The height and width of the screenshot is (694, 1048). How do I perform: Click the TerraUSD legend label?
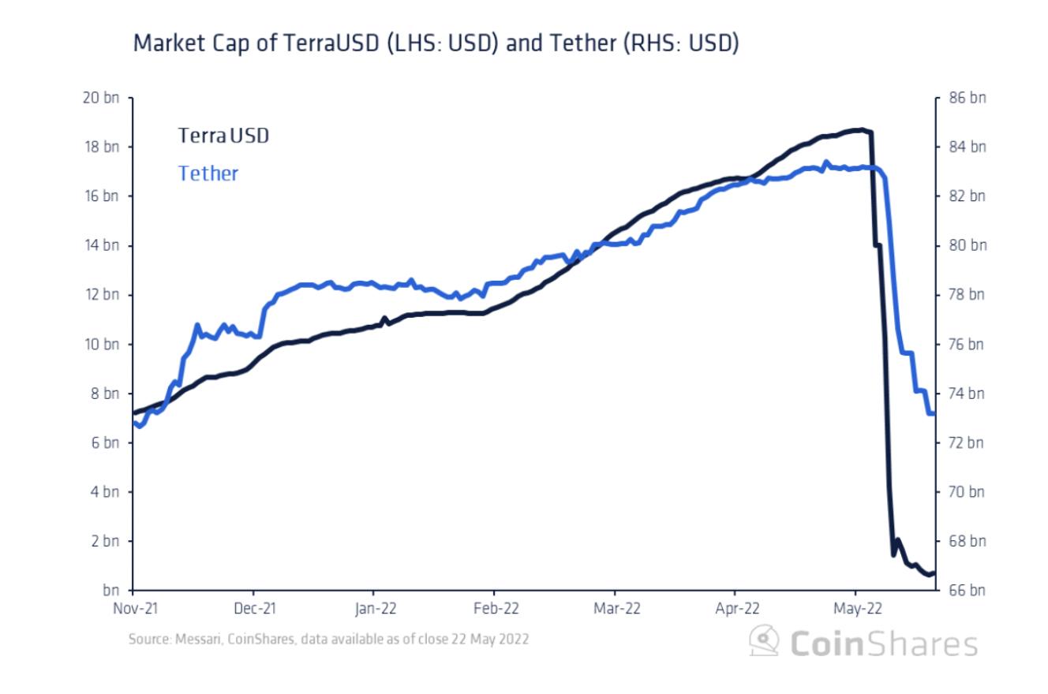[223, 136]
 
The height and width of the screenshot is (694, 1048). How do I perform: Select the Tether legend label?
[208, 173]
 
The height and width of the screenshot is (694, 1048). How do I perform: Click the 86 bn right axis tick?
[968, 98]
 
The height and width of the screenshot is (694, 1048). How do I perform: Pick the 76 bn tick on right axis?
[968, 345]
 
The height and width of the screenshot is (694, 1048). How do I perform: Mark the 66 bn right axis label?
[968, 591]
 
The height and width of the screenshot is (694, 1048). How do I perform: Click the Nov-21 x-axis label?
[133, 609]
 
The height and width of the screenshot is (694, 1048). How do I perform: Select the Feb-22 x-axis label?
[494, 609]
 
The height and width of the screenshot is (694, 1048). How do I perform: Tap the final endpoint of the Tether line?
[934, 413]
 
